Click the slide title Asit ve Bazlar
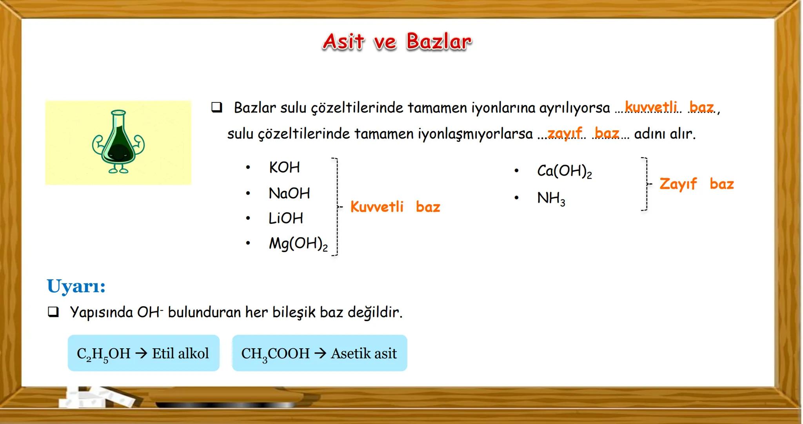[397, 42]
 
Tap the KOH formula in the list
[284, 168]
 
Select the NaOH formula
[289, 193]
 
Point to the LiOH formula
[286, 218]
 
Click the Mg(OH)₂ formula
[298, 244]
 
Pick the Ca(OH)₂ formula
[564, 171]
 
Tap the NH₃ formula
[551, 198]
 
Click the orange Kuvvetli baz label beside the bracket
[395, 207]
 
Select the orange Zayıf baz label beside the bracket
[696, 184]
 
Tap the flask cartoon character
[118, 142]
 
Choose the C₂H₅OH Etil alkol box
[144, 353]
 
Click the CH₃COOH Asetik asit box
[320, 353]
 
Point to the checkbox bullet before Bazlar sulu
[216, 107]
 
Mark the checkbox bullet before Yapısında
[53, 312]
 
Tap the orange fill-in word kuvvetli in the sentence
[651, 106]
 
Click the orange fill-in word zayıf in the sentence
[565, 133]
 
